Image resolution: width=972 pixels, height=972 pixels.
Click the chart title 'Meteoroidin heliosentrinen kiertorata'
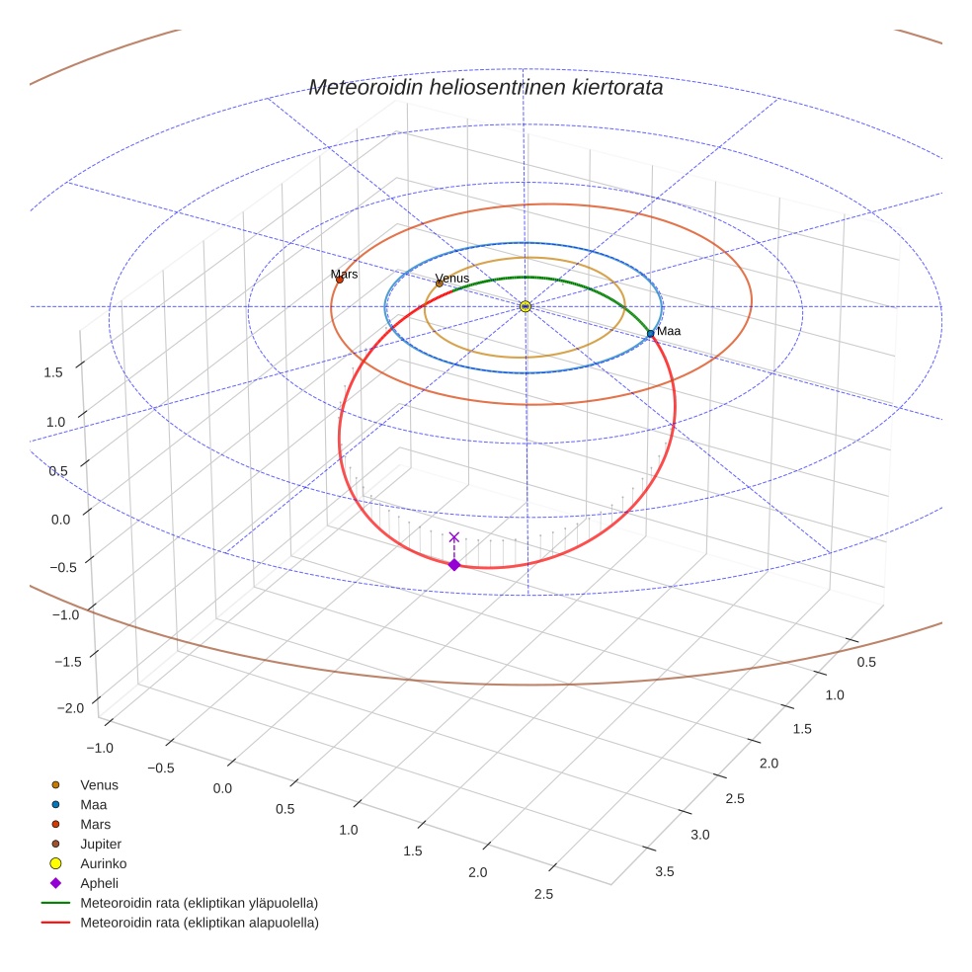(485, 88)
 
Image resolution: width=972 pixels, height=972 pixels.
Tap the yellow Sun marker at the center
(526, 306)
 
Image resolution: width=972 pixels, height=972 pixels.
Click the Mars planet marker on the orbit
(340, 280)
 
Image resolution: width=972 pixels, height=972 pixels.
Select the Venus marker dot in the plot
(440, 283)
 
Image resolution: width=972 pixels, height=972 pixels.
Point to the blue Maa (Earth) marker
(650, 334)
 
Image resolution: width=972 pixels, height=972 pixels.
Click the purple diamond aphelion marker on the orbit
(454, 564)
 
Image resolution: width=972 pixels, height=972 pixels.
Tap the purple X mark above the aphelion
(454, 537)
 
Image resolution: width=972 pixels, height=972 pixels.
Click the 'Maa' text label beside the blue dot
(669, 331)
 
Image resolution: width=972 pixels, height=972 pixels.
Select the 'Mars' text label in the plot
(345, 274)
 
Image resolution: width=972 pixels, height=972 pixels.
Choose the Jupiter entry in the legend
(101, 844)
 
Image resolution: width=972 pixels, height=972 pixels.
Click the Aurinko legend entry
(103, 863)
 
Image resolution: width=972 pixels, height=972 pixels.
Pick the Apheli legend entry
(99, 883)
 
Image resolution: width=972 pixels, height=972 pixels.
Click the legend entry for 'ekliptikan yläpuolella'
(199, 903)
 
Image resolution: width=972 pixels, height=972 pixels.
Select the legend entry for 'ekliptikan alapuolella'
(199, 923)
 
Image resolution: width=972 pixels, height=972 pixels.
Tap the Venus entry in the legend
(99, 784)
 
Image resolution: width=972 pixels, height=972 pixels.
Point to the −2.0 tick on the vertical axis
(69, 707)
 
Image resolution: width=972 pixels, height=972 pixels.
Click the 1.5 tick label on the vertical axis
(54, 371)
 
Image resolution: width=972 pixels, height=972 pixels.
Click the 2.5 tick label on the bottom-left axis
(542, 894)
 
